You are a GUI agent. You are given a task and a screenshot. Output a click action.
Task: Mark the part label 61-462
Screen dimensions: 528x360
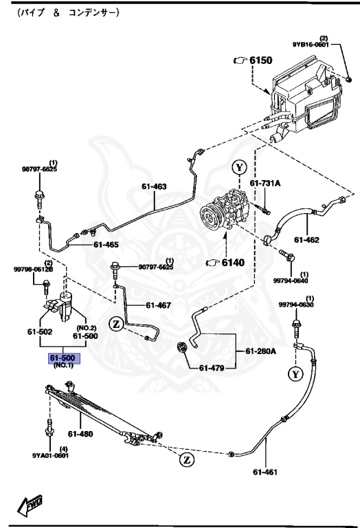click(x=307, y=239)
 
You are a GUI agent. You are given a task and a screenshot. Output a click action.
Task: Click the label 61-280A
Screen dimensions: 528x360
click(x=260, y=351)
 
